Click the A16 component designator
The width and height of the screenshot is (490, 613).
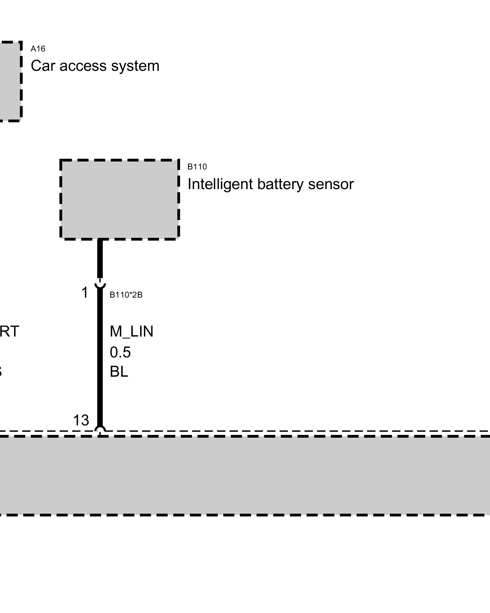(38, 49)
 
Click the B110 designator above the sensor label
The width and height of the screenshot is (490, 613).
(197, 167)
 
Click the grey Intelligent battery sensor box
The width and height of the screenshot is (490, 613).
(119, 199)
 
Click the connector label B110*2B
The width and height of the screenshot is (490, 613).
(126, 295)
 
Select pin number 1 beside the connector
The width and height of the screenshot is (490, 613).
(85, 292)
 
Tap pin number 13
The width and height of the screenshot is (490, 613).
(81, 420)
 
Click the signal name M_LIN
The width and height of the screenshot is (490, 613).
(131, 331)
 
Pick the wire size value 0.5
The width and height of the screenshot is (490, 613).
(120, 352)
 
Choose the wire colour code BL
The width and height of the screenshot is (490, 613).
(119, 372)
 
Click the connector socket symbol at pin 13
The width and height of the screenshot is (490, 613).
(100, 429)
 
